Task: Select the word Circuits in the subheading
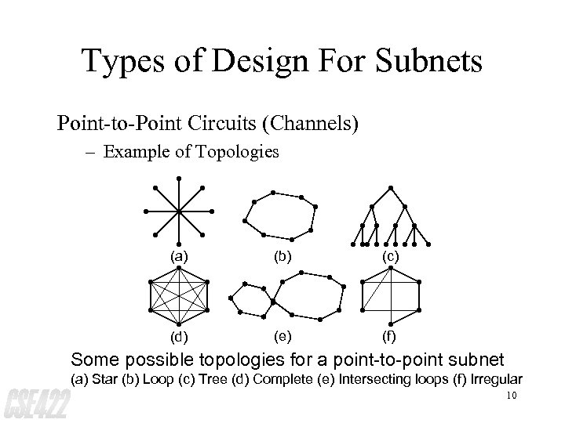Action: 210,123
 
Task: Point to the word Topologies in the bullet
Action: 238,151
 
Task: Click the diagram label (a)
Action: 180,255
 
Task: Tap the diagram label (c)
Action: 390,255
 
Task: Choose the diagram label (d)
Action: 180,339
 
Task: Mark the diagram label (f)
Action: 390,339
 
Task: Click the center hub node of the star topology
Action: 179,211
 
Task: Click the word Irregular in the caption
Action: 493,379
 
